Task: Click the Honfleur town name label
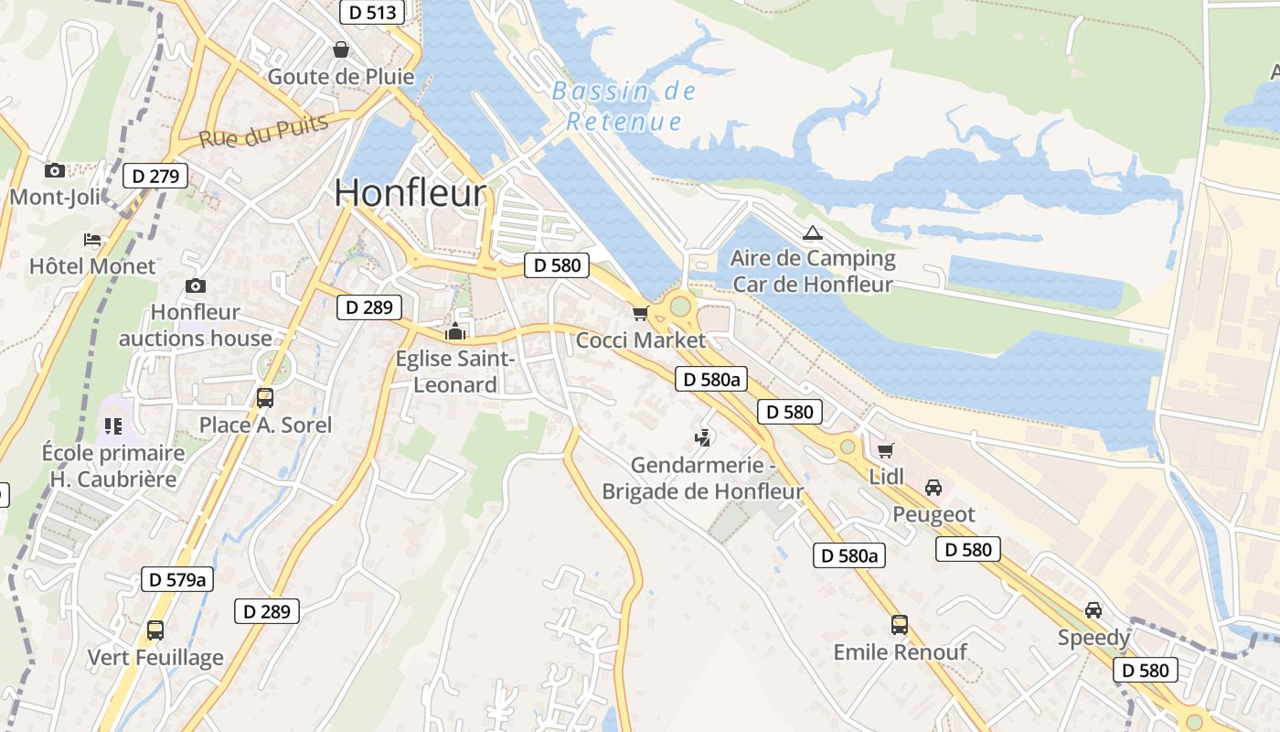[x=410, y=193]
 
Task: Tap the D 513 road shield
[x=373, y=12]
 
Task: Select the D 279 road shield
[x=155, y=176]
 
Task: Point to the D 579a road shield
[x=178, y=579]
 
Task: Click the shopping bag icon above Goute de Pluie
[x=341, y=49]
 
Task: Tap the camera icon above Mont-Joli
[x=55, y=170]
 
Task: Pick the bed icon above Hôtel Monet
[x=92, y=240]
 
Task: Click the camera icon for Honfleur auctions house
[x=196, y=286]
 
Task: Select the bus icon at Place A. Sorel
[x=265, y=398]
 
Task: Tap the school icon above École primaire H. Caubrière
[x=113, y=425]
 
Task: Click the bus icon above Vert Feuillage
[x=155, y=630]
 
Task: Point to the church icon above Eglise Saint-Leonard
[x=455, y=331]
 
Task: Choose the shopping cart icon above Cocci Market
[x=641, y=314]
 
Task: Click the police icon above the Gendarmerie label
[x=702, y=438]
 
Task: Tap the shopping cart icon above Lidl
[x=885, y=450]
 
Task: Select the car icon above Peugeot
[x=933, y=488]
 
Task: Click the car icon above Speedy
[x=1093, y=610]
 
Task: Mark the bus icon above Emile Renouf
[x=900, y=625]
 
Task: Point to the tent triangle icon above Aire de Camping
[x=812, y=232]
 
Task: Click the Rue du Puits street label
[x=263, y=132]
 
